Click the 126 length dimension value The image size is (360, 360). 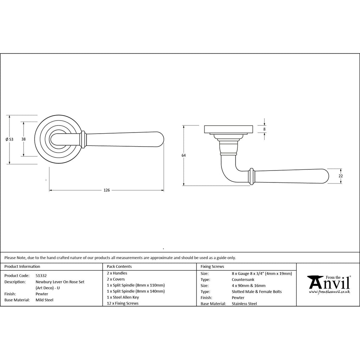(x=107, y=190)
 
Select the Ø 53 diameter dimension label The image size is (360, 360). (x=9, y=139)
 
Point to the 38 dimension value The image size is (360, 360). (x=24, y=139)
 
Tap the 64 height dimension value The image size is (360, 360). (x=184, y=155)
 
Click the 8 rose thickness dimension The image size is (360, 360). (x=264, y=129)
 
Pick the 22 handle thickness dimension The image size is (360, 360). (x=341, y=176)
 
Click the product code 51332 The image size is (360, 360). (x=41, y=276)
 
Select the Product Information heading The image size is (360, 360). (x=22, y=266)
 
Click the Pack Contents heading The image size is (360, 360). (x=119, y=266)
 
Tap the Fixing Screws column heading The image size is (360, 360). (x=212, y=266)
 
